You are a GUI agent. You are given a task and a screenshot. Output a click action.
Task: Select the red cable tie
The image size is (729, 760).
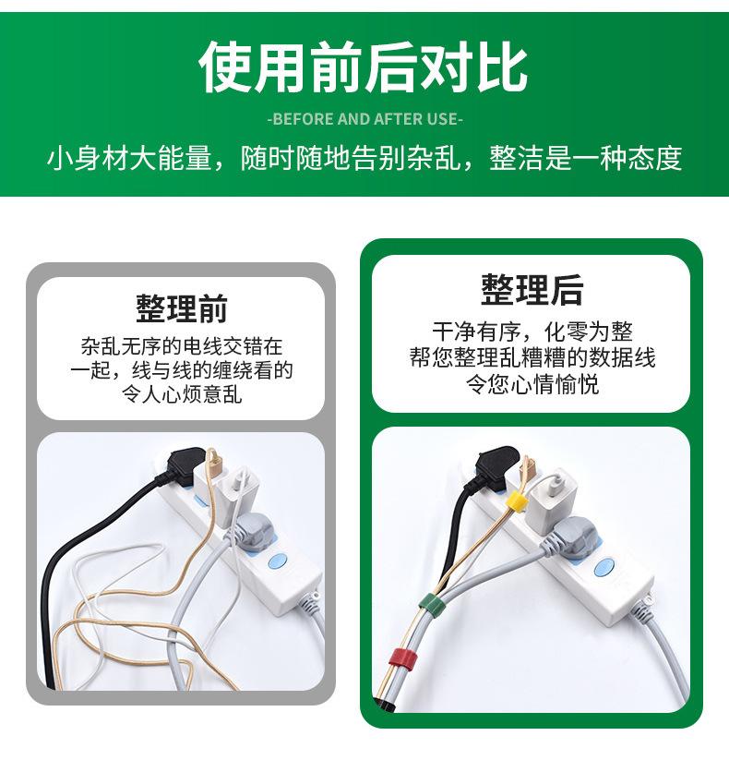[x=400, y=657]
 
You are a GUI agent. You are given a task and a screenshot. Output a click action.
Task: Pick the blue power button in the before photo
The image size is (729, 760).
[x=276, y=563]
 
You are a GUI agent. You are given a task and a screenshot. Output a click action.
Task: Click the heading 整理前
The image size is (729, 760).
[x=182, y=308]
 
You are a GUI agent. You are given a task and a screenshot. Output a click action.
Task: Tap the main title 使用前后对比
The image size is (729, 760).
[x=364, y=68]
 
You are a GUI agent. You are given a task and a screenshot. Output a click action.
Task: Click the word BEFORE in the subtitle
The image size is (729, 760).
[x=300, y=119]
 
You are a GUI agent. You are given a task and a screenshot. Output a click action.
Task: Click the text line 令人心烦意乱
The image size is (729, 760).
[x=182, y=395]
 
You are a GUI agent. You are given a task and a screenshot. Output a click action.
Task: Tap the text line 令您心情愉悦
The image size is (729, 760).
[x=532, y=383]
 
